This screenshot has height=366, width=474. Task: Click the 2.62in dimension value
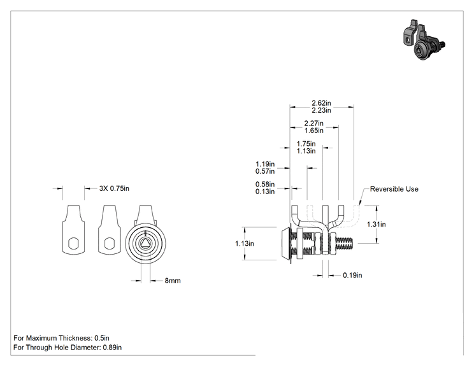(x=321, y=103)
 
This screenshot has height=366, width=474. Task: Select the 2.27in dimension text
(x=314, y=123)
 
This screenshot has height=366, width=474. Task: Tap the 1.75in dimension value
(x=306, y=144)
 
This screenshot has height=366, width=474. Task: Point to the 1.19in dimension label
(x=265, y=164)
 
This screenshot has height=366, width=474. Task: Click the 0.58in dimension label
(x=265, y=184)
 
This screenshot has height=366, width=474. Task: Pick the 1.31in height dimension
(x=377, y=224)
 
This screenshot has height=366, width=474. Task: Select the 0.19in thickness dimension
(x=352, y=276)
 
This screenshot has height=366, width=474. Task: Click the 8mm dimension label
(x=173, y=281)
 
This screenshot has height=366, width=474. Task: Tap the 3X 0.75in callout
(x=114, y=188)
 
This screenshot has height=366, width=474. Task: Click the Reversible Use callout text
(x=394, y=189)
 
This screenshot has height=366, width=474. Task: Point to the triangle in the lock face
(x=146, y=243)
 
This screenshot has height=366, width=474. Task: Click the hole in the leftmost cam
(x=74, y=243)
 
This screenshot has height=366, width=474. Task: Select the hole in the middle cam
(x=110, y=243)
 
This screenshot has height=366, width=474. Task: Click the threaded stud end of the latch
(x=344, y=243)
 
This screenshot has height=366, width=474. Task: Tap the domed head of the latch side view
(x=285, y=243)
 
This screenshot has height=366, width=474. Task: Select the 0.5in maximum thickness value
(x=102, y=338)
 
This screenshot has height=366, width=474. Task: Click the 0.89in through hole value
(x=112, y=348)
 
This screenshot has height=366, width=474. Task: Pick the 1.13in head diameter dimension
(x=245, y=243)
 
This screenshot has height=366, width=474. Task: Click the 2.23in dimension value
(x=321, y=110)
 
